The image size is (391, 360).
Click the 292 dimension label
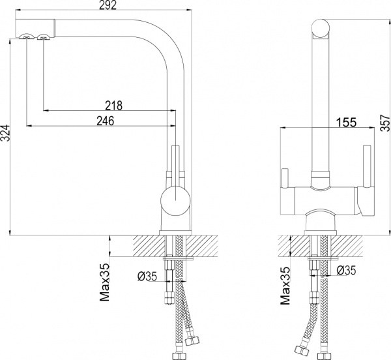point(108,5)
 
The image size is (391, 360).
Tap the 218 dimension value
point(113,105)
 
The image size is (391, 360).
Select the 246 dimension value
point(105,121)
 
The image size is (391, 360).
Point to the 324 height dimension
point(5,136)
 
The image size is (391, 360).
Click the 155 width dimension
point(347,122)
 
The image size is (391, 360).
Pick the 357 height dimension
point(386,123)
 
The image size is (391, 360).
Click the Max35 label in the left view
point(105,282)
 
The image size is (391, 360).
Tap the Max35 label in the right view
point(285,286)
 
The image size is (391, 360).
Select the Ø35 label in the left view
point(147,276)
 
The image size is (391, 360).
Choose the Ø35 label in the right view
point(347,270)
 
